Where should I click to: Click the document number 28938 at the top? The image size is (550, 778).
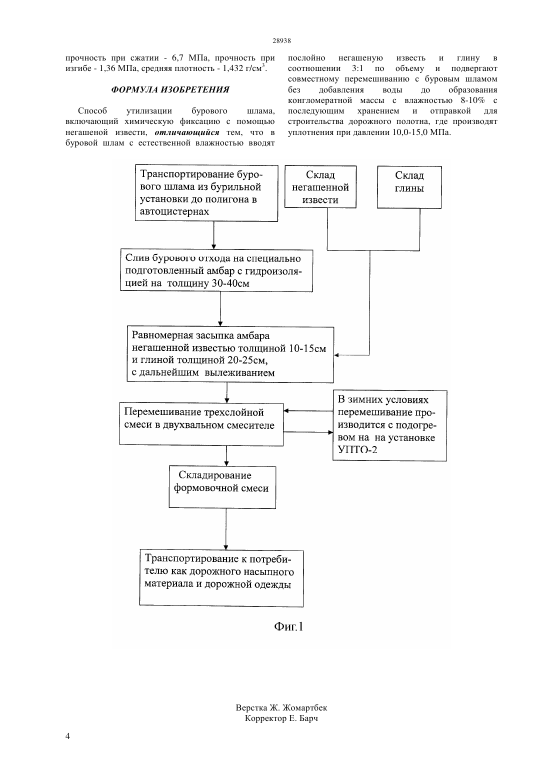[x=281, y=40]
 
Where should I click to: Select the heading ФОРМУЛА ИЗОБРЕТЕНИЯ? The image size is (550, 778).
[x=170, y=89]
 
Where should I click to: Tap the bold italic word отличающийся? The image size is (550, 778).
[x=187, y=132]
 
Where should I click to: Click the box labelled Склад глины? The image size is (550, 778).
[x=409, y=187]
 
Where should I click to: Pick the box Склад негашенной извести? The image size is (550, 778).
[x=320, y=187]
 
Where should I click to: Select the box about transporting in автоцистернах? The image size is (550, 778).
[x=206, y=193]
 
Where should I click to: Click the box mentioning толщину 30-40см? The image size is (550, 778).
[x=216, y=270]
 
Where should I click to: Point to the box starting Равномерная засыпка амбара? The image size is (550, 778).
[x=230, y=354]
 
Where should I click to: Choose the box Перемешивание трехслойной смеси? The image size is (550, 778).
[x=201, y=424]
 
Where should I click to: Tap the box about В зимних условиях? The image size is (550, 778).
[x=390, y=425]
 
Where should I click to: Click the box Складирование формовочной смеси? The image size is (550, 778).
[x=222, y=487]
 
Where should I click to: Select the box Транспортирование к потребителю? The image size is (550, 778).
[x=221, y=578]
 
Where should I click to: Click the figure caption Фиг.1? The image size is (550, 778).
[x=288, y=626]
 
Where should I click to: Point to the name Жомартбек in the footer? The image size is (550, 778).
[x=304, y=708]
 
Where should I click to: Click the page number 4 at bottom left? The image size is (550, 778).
[x=67, y=736]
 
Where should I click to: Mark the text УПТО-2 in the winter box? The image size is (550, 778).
[x=357, y=450]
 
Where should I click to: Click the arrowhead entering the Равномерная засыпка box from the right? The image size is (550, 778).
[x=336, y=355]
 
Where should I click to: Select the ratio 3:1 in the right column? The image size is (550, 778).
[x=357, y=68]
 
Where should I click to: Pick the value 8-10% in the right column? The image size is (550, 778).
[x=472, y=100]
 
